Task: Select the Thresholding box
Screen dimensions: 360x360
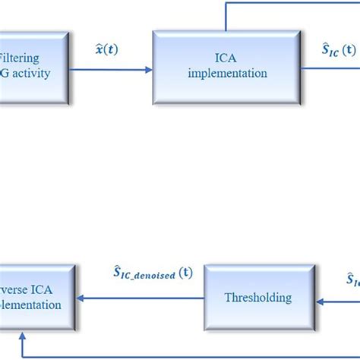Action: (x=258, y=298)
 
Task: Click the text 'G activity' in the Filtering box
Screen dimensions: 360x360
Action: (x=24, y=74)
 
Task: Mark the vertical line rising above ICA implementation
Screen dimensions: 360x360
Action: (x=226, y=15)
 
